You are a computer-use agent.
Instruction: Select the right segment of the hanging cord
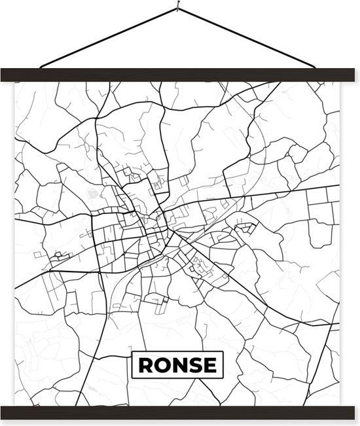(249, 37)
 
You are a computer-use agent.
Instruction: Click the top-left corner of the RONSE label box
(133, 352)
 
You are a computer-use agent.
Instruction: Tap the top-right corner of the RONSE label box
(223, 352)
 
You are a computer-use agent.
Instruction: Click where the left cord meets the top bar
(41, 67)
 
